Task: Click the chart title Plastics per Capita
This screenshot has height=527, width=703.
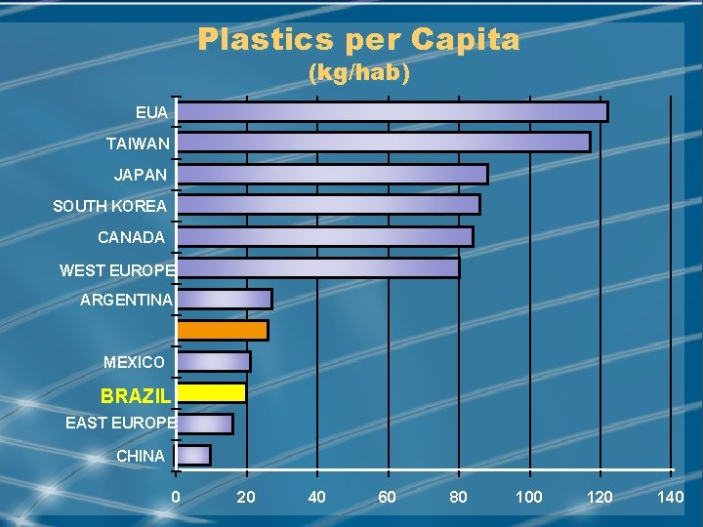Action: coord(358,40)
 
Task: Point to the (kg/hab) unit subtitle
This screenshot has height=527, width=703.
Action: coord(358,73)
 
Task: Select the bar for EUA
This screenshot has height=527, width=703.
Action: coord(392,111)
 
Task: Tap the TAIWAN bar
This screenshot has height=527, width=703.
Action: coord(383,142)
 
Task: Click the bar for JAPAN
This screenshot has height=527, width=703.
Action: coord(332,174)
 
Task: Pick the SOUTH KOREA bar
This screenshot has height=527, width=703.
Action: coord(328,205)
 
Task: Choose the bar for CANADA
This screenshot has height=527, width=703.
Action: coord(324,236)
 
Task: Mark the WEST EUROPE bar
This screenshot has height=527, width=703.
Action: coord(317,267)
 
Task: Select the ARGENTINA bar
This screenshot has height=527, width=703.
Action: coord(224,299)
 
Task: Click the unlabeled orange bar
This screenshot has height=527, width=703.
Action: coord(222,330)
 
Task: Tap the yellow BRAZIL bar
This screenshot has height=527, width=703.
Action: coord(211,392)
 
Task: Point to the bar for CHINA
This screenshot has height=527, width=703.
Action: coord(193,455)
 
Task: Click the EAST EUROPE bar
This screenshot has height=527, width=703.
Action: coord(204,424)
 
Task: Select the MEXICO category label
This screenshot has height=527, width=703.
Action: coord(134,362)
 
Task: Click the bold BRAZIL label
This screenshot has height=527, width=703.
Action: coord(136,397)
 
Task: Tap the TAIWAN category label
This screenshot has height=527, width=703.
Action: coord(138,143)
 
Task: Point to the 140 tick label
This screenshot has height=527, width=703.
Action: coord(670,498)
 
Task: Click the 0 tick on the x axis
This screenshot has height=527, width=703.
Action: coord(176,498)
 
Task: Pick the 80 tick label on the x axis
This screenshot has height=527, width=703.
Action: coord(458,498)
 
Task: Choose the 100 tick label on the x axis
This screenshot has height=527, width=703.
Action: coord(528,498)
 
